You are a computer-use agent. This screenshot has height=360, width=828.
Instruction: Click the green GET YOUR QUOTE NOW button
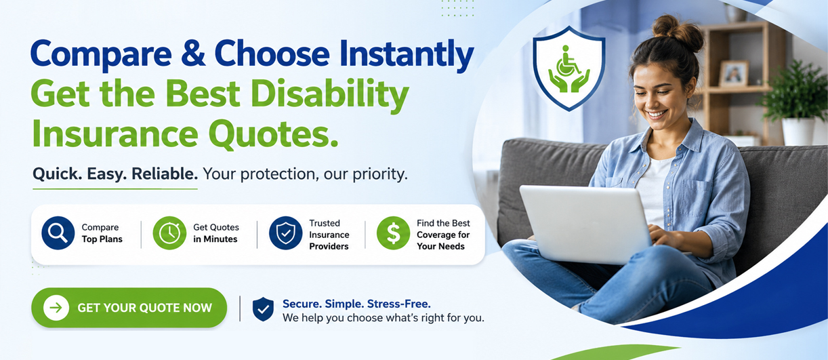(x=129, y=308)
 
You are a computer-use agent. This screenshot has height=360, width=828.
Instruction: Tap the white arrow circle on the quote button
(x=56, y=308)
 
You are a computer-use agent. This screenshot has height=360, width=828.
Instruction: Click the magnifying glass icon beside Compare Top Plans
(x=58, y=233)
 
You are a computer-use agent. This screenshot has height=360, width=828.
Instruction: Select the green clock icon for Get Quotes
(x=169, y=233)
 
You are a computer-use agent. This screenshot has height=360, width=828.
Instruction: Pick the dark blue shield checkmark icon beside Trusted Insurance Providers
(x=286, y=233)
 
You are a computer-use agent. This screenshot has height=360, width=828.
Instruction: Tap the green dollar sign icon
(x=393, y=233)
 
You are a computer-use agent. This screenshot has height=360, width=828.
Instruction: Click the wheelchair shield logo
(x=569, y=68)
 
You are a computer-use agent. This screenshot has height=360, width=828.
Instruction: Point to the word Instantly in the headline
(x=407, y=55)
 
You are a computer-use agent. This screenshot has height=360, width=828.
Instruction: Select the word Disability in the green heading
(x=330, y=95)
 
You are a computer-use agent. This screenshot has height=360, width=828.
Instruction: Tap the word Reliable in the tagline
(x=165, y=174)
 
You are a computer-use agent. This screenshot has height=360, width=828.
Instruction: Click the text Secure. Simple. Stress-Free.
(x=356, y=304)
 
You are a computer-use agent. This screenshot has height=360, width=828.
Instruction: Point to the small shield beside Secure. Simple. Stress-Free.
(x=263, y=309)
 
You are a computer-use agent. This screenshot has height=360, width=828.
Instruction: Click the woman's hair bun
(x=677, y=32)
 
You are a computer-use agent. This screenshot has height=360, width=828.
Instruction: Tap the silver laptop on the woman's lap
(x=586, y=224)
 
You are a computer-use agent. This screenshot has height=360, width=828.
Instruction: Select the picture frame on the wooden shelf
(x=734, y=74)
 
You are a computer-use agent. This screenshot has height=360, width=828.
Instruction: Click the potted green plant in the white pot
(x=795, y=104)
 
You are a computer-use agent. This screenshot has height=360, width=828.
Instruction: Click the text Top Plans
(x=102, y=239)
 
